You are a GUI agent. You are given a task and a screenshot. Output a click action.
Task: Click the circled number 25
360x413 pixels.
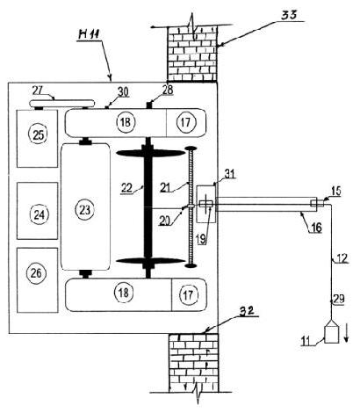39,134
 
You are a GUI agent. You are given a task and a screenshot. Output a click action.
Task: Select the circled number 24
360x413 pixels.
40,215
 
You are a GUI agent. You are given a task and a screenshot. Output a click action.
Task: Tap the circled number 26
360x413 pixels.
36,273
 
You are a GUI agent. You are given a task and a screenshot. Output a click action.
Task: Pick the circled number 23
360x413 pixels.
85,210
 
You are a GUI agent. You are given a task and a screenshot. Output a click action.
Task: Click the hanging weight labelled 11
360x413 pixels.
331,330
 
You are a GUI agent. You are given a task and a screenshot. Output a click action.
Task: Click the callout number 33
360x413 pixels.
289,16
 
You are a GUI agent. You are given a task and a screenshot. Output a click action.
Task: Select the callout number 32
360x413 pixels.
247,311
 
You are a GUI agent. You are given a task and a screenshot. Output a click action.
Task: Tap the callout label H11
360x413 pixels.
88,34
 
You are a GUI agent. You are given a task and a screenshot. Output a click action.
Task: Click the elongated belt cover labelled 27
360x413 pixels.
62,104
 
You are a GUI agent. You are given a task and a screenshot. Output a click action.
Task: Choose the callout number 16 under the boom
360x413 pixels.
316,228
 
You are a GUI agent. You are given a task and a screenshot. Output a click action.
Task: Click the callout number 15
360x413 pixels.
336,191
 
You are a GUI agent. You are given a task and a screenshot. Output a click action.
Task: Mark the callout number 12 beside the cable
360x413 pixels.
342,258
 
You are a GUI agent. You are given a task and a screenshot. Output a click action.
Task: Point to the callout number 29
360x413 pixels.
339,299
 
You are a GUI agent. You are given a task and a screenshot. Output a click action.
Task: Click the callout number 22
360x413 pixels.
127,188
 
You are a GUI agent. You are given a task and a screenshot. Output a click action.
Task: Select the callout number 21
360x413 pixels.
165,187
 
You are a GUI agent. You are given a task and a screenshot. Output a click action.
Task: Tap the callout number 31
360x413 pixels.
229,174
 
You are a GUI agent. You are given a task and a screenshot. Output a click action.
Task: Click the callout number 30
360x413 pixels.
123,92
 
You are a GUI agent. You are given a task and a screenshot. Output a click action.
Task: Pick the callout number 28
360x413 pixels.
168,90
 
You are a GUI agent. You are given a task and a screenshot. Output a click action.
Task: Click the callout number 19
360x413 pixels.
201,239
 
